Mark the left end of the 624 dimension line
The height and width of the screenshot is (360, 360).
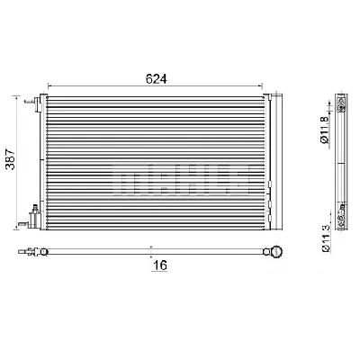pos(47,87)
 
